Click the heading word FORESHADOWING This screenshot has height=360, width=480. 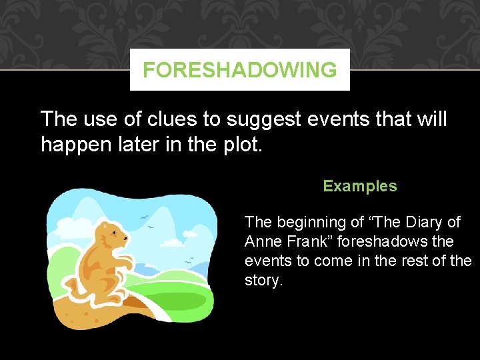coord(240,70)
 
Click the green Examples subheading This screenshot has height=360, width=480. coord(360,187)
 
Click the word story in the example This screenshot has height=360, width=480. coord(263,280)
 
